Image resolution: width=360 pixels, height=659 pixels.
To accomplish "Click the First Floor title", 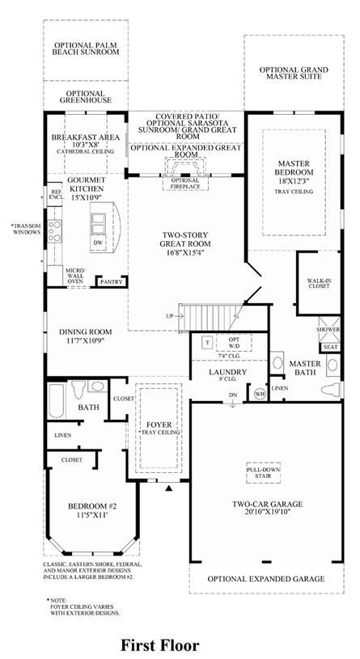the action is click(160, 645).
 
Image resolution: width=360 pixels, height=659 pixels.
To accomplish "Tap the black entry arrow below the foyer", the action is click(170, 488).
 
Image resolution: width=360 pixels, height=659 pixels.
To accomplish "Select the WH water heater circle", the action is click(259, 394).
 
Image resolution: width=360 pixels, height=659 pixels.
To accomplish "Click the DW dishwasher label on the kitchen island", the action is click(98, 243).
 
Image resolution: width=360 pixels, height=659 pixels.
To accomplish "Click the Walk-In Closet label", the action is click(319, 282).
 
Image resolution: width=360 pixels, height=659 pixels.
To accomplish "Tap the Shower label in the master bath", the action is click(328, 330).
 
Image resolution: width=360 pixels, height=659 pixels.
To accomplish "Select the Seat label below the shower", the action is click(330, 347).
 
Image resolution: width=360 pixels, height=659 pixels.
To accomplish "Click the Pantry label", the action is click(112, 281).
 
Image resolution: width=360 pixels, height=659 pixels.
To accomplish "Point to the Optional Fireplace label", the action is click(185, 184).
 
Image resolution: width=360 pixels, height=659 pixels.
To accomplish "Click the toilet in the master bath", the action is click(332, 389).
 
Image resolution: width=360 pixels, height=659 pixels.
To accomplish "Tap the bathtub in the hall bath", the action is click(56, 400).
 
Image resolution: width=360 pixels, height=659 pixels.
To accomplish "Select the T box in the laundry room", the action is click(208, 342).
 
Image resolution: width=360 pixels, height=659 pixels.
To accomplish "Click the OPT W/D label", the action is click(234, 343).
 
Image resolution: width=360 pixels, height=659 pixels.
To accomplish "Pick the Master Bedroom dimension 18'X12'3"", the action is click(294, 181).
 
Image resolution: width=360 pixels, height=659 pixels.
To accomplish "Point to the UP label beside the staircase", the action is click(171, 315).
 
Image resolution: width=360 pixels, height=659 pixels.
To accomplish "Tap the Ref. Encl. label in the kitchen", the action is click(55, 193).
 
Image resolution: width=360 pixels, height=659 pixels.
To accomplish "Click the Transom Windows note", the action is click(26, 229).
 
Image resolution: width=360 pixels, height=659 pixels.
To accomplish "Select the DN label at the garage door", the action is click(232, 395).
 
